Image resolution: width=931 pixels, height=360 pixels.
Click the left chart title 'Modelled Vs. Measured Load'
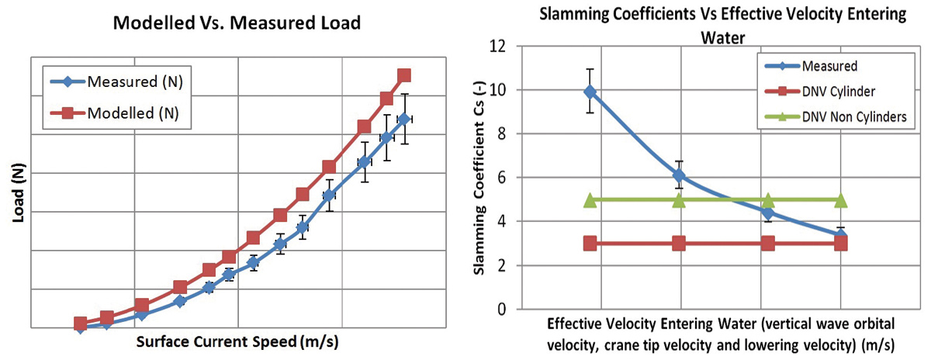coord(237,23)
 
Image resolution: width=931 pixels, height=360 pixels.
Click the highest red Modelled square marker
coord(403,75)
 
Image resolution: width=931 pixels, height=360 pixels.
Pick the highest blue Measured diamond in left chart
coord(403,119)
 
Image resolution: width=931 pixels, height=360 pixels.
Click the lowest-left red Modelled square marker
coord(80,323)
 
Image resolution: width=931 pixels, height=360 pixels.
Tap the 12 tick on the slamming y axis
coord(499,47)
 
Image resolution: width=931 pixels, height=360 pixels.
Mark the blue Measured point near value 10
coord(590,92)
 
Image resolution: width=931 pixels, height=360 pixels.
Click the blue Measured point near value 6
coord(679,176)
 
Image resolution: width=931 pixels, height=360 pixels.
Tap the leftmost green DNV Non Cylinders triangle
coord(590,200)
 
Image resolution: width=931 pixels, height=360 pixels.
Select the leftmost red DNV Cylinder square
coord(590,244)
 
